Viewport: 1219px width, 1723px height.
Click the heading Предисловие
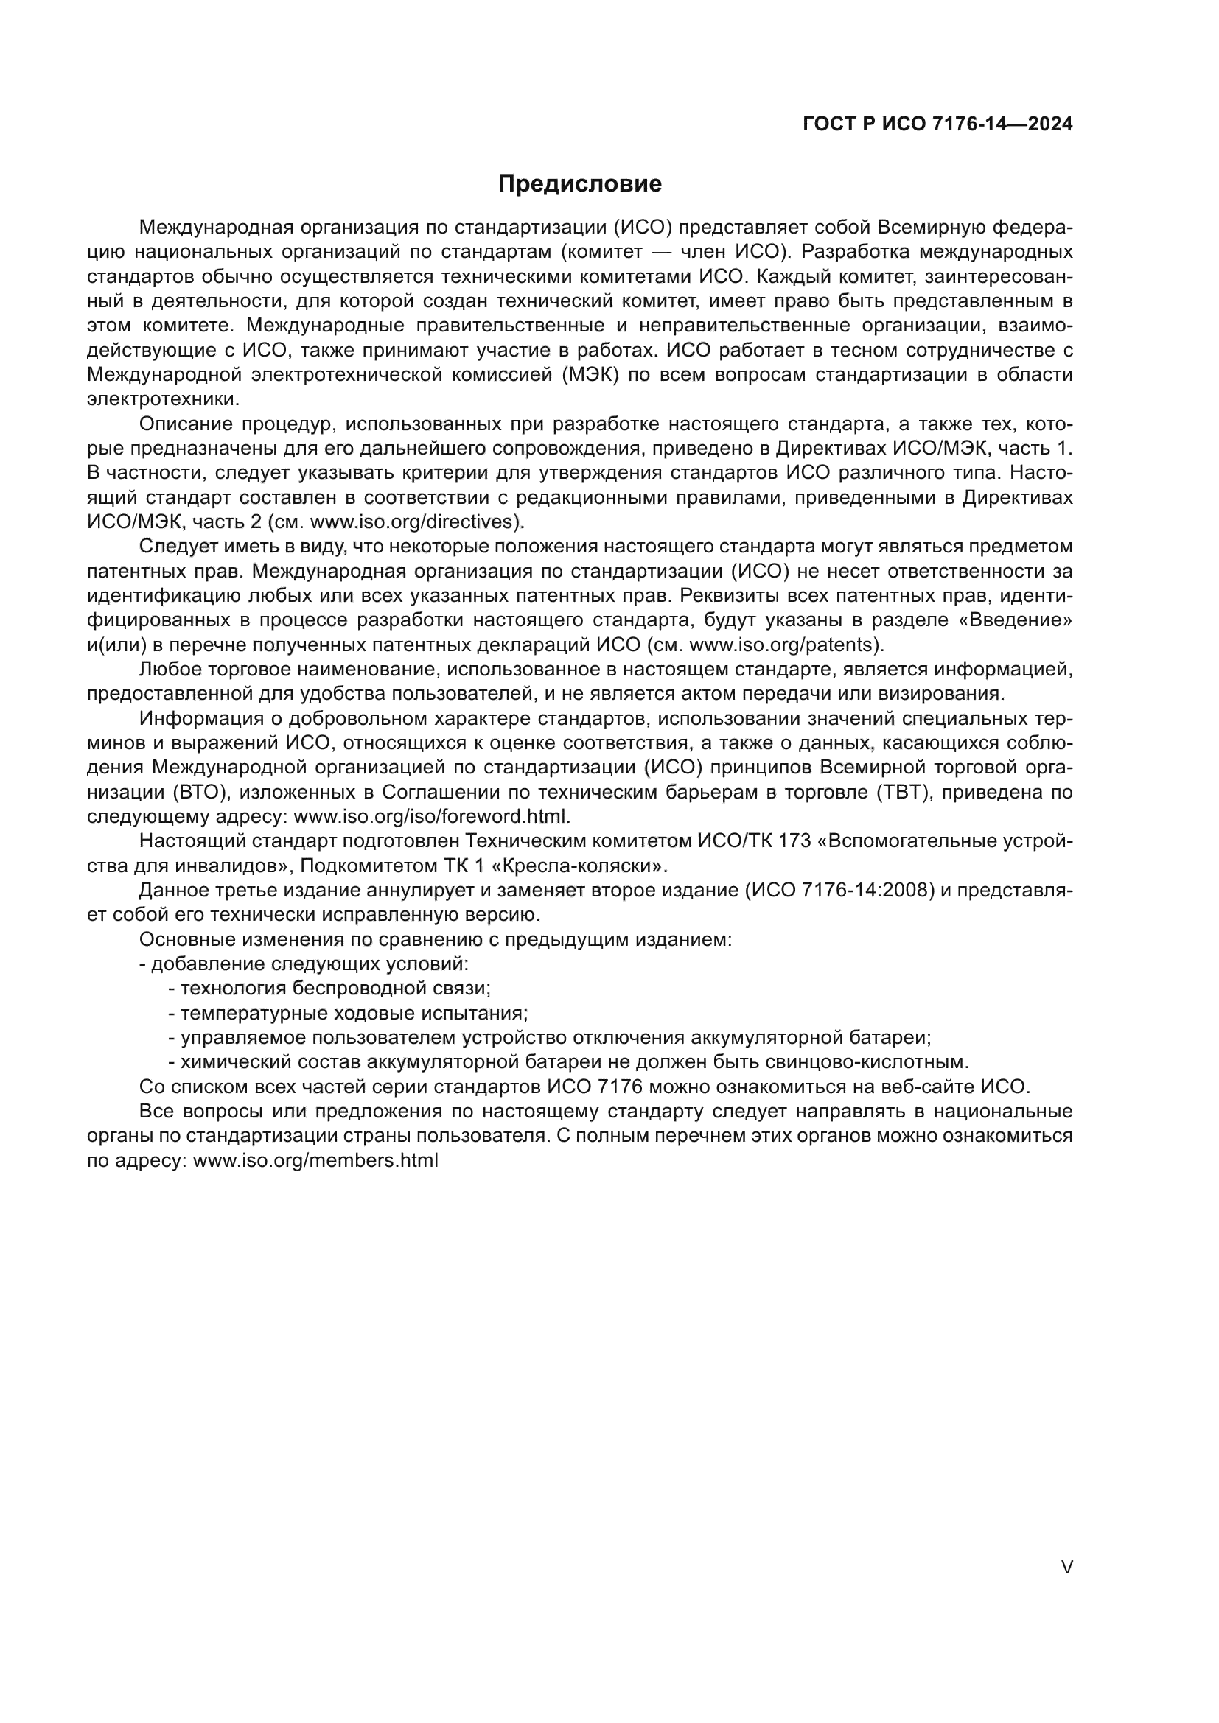point(579,184)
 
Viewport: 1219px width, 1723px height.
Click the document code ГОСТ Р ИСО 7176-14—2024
point(937,124)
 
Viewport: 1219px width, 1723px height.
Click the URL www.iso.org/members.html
point(315,1160)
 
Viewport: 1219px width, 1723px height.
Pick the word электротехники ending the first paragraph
point(162,399)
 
